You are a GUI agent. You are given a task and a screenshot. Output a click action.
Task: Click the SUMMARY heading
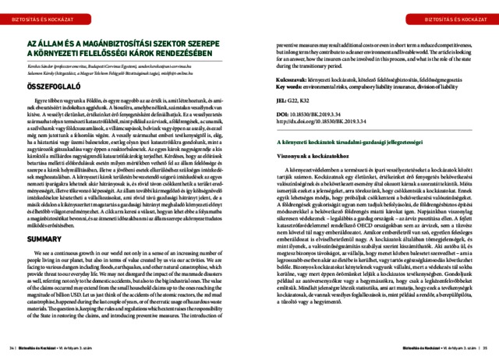pos(45,240)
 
